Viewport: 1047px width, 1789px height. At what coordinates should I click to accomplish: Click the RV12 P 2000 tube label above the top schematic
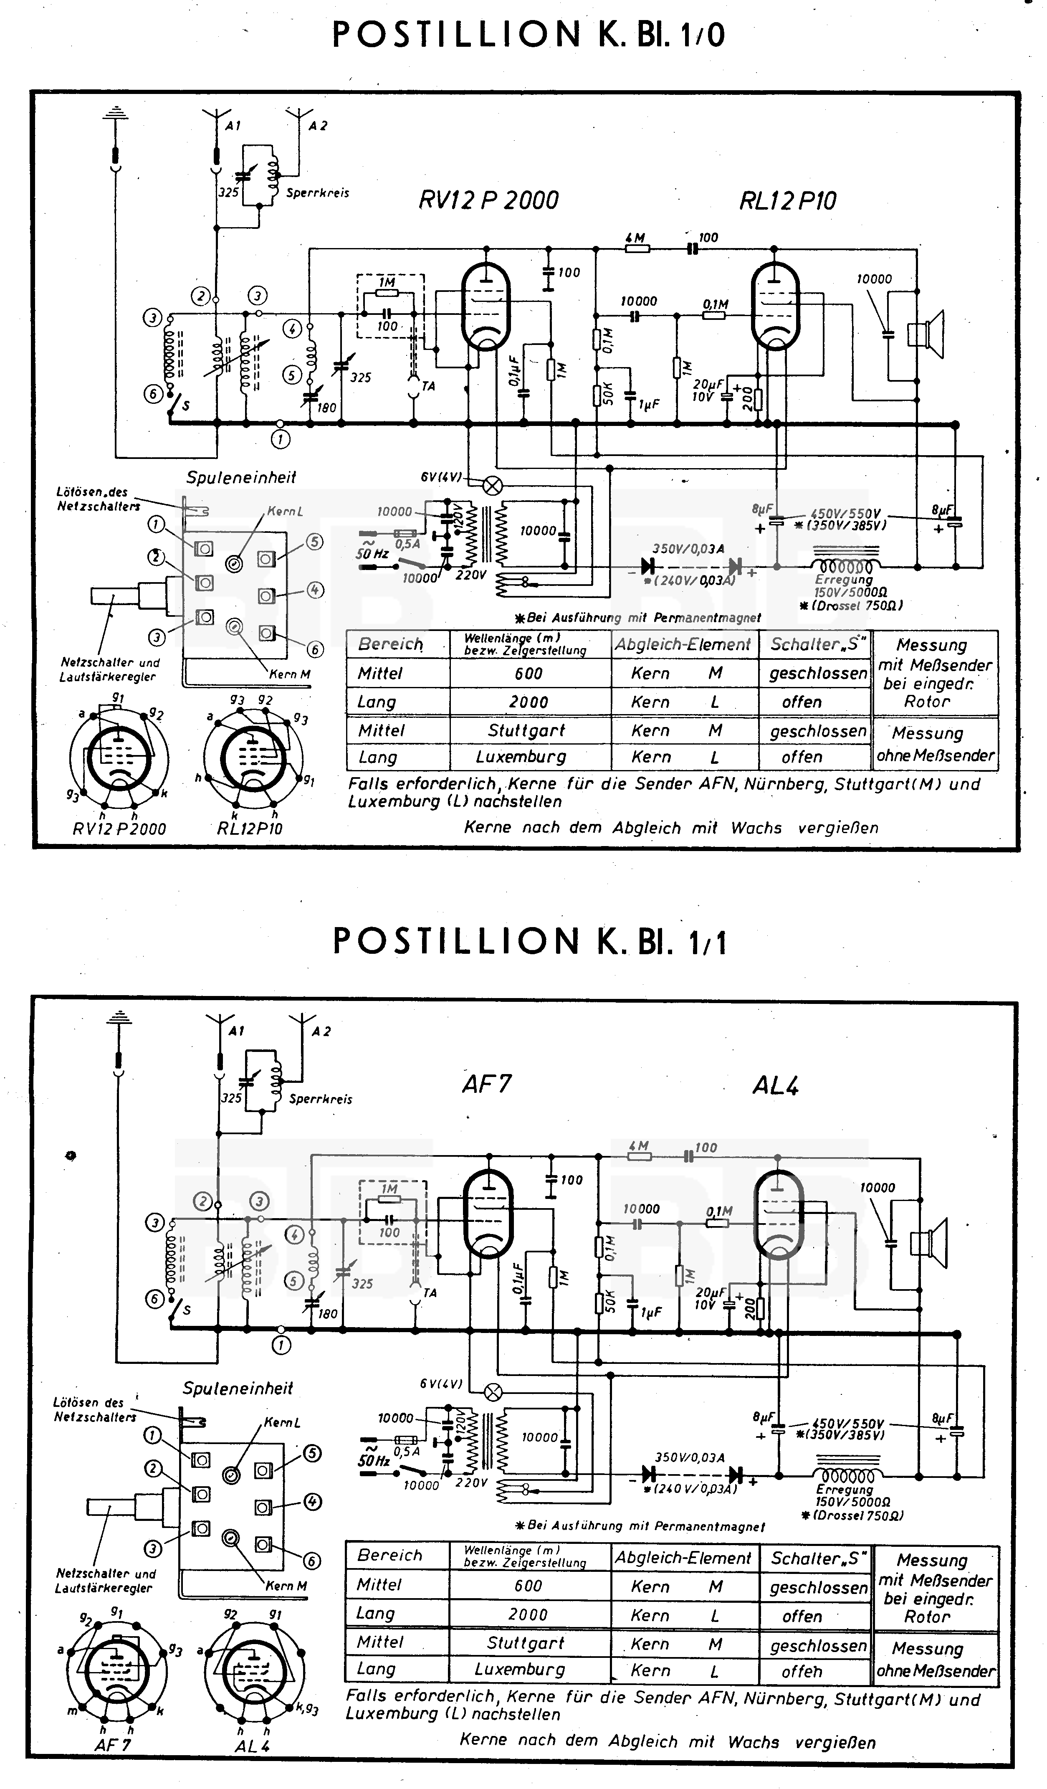[488, 200]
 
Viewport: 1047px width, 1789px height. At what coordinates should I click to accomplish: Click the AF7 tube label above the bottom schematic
[486, 1084]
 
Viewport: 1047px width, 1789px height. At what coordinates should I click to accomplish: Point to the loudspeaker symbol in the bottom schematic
[930, 1243]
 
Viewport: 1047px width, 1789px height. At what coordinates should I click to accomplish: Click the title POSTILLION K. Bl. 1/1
[529, 941]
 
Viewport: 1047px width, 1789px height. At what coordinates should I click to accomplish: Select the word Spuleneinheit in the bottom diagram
[238, 1388]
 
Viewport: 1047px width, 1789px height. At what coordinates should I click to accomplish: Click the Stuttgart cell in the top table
[526, 730]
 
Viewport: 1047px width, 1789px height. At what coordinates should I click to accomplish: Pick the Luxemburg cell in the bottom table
[520, 1669]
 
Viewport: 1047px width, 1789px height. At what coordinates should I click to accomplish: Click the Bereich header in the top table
[390, 644]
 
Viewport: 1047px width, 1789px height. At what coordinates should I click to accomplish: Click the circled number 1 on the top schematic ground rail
[281, 439]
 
